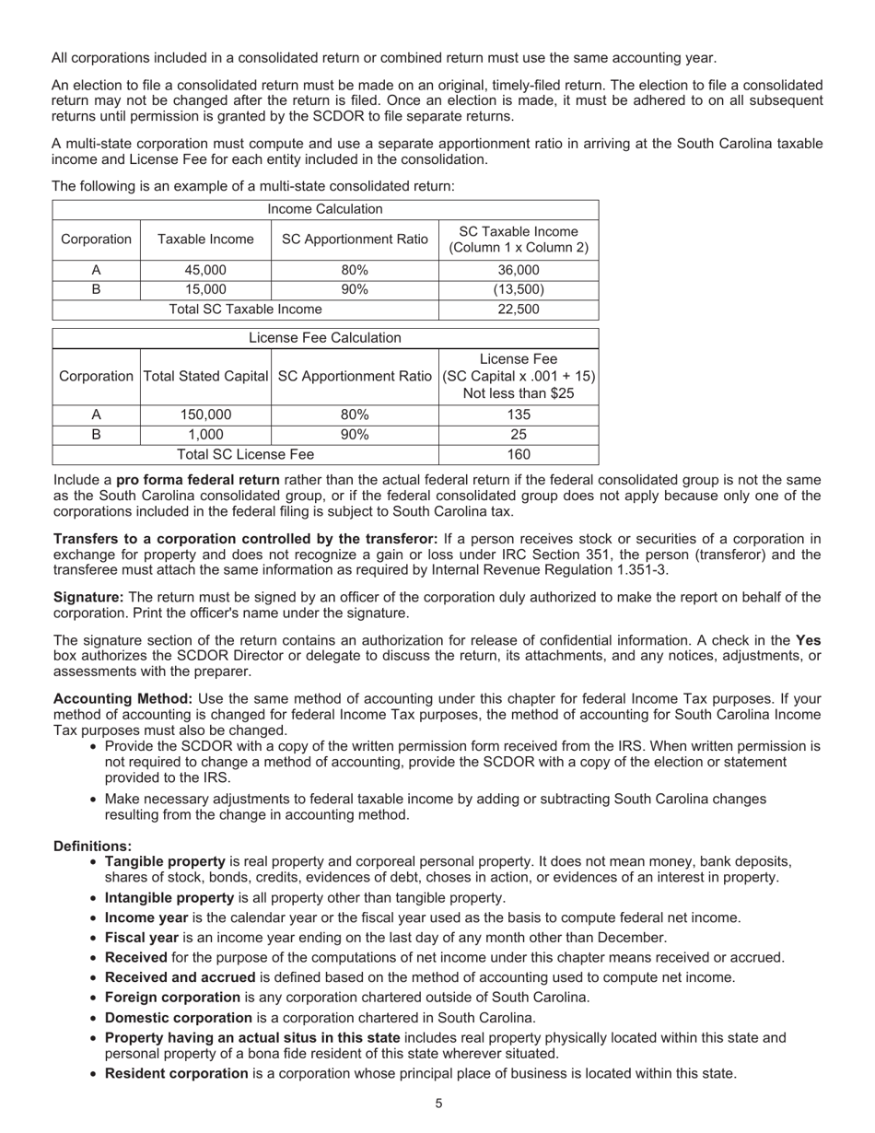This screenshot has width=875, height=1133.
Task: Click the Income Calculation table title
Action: [x=325, y=209]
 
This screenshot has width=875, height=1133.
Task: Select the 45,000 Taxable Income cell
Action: [x=205, y=270]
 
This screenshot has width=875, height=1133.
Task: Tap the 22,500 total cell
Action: [x=518, y=310]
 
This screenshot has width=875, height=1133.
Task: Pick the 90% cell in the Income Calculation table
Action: [x=355, y=289]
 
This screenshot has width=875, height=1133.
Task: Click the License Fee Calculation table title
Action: [x=325, y=338]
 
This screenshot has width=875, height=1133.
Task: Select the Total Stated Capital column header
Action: [x=205, y=376]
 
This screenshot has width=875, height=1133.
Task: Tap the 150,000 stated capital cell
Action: [x=205, y=415]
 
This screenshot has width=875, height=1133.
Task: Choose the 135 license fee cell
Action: [x=518, y=415]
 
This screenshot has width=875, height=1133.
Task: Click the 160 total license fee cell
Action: [x=518, y=454]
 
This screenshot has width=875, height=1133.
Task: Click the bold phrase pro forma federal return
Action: [x=197, y=480]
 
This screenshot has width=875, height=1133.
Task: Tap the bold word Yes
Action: [x=808, y=640]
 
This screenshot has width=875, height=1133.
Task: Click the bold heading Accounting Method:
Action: [x=122, y=698]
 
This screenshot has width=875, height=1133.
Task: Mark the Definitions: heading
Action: [x=92, y=846]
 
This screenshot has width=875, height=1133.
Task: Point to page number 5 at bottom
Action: [x=438, y=1104]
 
